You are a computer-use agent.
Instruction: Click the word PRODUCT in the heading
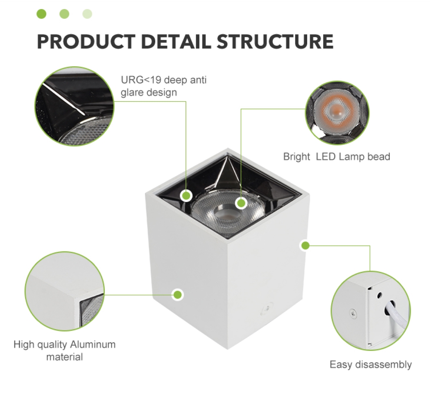pos(86,42)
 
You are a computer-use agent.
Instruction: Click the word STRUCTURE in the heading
pos(275,42)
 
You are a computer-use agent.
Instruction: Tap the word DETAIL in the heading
pos(176,42)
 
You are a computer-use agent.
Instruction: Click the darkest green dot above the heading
pos(41,13)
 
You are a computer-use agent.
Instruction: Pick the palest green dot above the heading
pos(87,13)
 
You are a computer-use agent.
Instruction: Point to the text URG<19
pos(141,80)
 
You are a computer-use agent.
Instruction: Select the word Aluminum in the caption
pos(93,344)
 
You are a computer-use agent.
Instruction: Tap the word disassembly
pos(383,365)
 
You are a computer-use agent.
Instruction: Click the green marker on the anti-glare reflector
pos(186,196)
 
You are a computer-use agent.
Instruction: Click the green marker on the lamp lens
pos(241,203)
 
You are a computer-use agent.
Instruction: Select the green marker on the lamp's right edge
pos(305,246)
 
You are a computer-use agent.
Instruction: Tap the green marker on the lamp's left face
pos(178,294)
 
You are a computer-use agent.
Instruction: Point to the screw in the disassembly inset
pos(353,313)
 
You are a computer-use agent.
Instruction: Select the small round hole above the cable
pos(380,296)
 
